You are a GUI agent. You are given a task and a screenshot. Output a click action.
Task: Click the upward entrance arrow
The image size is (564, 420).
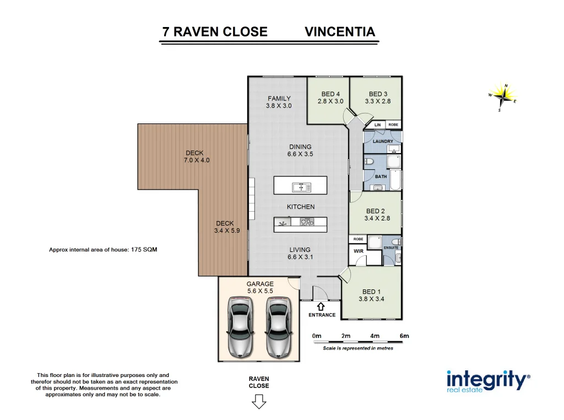pos(321,305)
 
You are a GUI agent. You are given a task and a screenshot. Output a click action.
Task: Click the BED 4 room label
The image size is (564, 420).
pos(330,94)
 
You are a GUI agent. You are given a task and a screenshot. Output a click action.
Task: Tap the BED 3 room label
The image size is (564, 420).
pos(378,94)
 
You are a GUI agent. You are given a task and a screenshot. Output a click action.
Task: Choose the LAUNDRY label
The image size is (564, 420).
pos(383,142)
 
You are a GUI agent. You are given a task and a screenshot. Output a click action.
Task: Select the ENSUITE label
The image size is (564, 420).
pos(391,248)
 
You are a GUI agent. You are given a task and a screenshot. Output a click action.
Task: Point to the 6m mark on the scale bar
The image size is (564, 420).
pos(404,336)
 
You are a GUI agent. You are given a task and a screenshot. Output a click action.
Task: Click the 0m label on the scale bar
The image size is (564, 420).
pos(316,336)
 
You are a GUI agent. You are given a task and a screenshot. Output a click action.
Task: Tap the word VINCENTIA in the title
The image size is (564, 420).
pos(340,31)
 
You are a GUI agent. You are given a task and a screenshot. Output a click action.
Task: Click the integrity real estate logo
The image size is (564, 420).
pos(487,381)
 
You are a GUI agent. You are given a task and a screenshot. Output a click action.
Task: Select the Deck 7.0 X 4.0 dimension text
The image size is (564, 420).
pos(197,160)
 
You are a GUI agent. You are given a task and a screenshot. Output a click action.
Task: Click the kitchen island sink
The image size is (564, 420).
pos(302,187)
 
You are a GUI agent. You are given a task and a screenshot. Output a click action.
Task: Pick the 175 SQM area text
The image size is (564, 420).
pos(144,250)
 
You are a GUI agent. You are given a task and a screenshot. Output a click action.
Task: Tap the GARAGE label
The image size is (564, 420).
pos(260,284)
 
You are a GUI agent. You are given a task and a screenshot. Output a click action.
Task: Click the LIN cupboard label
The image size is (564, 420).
pos(377,125)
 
